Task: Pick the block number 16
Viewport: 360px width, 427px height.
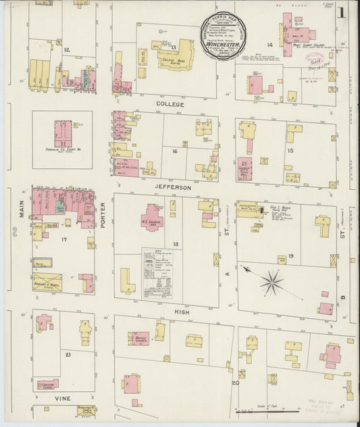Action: (174, 151)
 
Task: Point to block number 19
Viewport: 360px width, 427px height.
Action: (290, 255)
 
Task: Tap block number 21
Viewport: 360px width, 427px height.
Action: (67, 354)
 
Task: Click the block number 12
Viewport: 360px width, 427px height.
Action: (66, 50)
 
